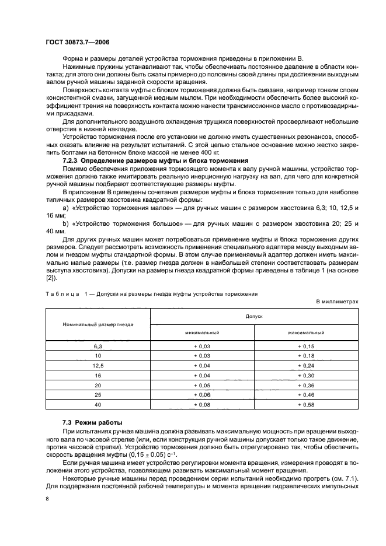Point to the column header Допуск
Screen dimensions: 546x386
[x=254, y=316]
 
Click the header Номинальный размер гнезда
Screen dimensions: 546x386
[x=98, y=324]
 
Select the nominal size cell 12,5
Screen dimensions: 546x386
[x=98, y=366]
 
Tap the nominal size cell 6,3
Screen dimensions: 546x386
[x=98, y=346]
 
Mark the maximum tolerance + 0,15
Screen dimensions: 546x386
[x=306, y=346]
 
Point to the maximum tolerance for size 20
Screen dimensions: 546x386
[x=306, y=385]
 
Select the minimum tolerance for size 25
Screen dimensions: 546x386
[x=202, y=395]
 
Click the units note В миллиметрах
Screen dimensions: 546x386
[x=337, y=301]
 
